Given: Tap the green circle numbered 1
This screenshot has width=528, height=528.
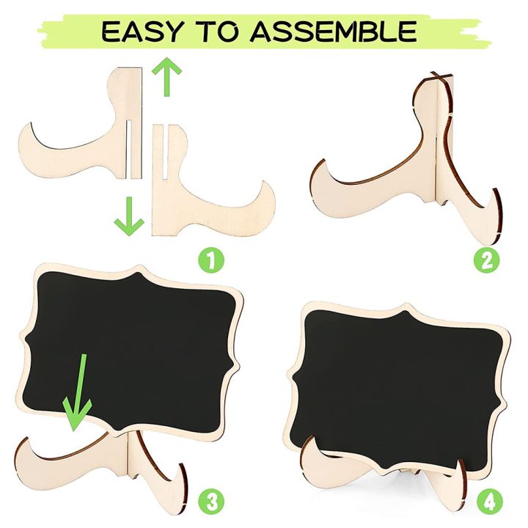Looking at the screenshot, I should (x=210, y=259).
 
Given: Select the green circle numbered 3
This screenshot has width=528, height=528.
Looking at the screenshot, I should (x=210, y=502).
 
